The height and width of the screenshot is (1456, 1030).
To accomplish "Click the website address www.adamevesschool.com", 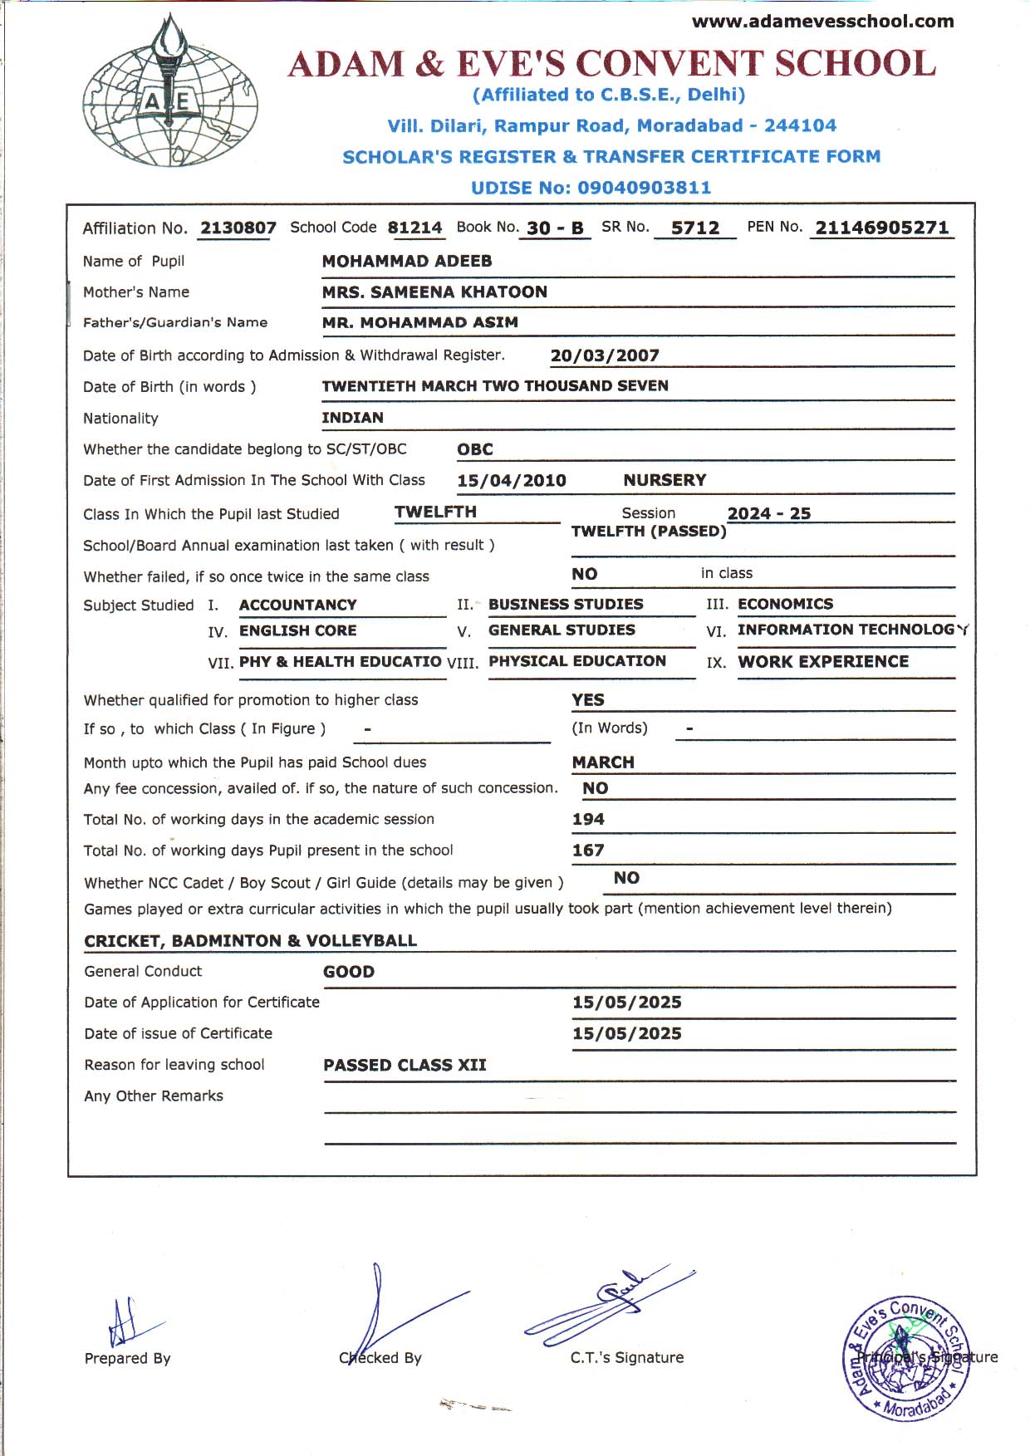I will (822, 22).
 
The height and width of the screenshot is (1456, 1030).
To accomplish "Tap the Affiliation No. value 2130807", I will (238, 228).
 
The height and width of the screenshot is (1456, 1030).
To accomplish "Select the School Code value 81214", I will (414, 228).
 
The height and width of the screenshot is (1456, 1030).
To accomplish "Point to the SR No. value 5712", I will (695, 228).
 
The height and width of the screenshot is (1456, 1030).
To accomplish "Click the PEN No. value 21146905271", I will (881, 228).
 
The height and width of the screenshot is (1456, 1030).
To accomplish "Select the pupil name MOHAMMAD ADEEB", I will (407, 261).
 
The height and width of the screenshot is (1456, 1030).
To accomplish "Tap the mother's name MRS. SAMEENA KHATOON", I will (434, 292).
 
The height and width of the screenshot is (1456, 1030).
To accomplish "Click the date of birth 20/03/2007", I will (605, 355).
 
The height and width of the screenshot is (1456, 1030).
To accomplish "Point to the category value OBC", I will (475, 449).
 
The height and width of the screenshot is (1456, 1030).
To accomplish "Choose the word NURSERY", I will (665, 480).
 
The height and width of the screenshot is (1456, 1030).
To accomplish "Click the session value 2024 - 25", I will (768, 513).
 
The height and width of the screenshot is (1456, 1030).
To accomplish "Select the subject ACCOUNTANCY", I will (297, 605).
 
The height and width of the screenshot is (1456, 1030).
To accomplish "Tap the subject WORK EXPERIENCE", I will (823, 661).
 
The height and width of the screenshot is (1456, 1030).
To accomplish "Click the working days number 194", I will (588, 819).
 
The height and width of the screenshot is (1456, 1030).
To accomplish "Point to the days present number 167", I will (588, 850).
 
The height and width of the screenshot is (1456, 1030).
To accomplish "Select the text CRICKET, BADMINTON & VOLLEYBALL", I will (250, 940).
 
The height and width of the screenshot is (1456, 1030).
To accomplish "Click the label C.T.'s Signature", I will (627, 1357).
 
